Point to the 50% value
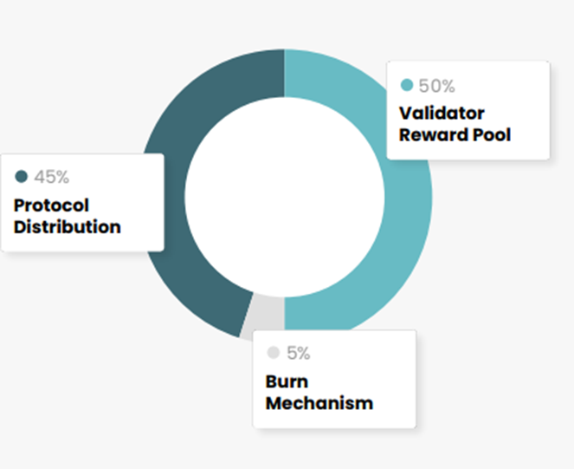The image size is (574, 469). pos(436,86)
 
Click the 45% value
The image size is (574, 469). pos(51,178)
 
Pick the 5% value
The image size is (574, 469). pos(298,354)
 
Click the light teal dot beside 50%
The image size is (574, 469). pos(407,86)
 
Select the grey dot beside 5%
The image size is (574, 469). pos(274,354)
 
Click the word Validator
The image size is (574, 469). pos(442,114)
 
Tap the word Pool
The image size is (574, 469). pos(492,135)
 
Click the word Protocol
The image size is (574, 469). pos(51,206)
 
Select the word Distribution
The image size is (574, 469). pos(67,227)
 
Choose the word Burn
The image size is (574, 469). pos(287,381)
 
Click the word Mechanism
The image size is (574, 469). pos(319,403)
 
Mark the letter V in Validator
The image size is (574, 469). pos(405,114)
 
